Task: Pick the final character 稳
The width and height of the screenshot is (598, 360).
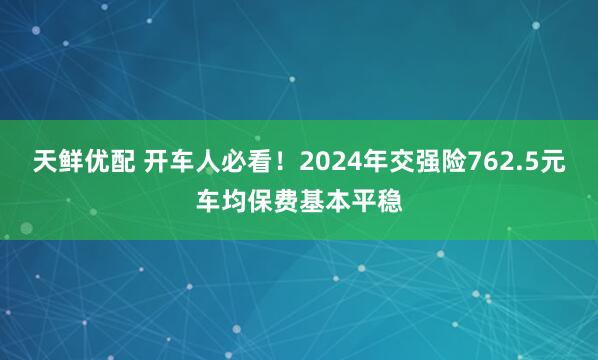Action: pyautogui.click(x=393, y=201)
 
